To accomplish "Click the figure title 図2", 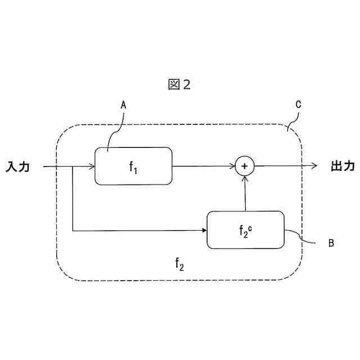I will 180,84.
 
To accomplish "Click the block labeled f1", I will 133,166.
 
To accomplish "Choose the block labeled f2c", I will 245,229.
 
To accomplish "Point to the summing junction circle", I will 245,166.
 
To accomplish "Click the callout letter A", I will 123,105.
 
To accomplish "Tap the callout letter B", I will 331,243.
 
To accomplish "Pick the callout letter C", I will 299,105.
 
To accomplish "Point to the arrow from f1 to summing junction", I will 202,166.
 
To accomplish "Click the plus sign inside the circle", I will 245,166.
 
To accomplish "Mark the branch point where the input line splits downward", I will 73,166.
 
